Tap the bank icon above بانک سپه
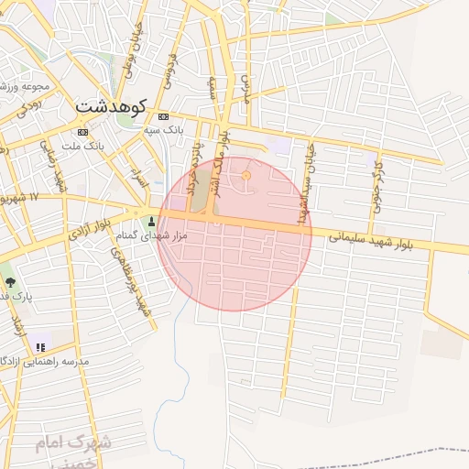(164, 116)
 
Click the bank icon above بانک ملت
(83, 133)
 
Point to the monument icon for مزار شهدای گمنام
(151, 221)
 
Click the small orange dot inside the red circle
(245, 175)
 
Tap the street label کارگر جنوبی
(376, 184)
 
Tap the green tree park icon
(10, 282)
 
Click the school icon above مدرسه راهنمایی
(39, 346)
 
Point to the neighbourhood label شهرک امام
(72, 444)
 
